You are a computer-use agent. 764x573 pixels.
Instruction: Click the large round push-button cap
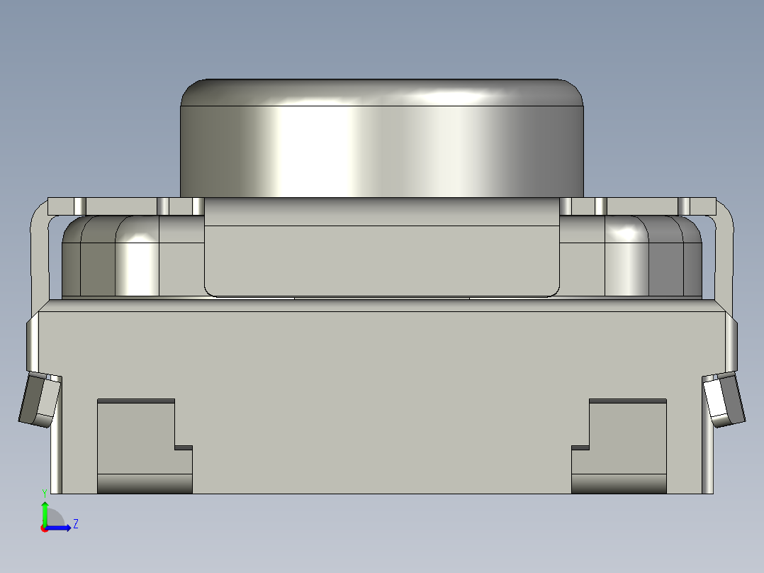(x=382, y=138)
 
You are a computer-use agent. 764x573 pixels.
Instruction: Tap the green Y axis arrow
(x=45, y=512)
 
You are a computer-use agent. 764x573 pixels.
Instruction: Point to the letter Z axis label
(x=76, y=524)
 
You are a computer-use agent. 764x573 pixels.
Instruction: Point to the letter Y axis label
(x=45, y=494)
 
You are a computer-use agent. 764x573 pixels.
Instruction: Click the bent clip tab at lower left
(x=40, y=400)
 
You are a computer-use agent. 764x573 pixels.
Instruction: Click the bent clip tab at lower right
(x=724, y=400)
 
